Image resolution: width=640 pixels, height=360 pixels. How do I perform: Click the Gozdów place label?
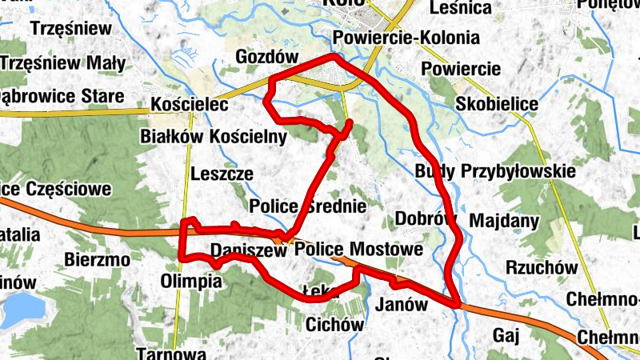click(x=267, y=57)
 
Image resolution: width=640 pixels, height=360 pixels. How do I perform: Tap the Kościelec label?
click(x=190, y=105)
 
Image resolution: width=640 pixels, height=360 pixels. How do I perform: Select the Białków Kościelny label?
click(x=213, y=137)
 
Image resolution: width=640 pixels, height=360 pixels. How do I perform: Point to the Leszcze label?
click(x=222, y=174)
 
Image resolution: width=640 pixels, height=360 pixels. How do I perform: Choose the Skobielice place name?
click(x=496, y=104)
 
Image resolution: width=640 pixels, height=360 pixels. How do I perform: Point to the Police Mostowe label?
click(x=358, y=250)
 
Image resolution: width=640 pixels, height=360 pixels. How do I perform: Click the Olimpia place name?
click(x=191, y=282)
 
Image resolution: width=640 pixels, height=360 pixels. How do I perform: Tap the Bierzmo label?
click(x=97, y=260)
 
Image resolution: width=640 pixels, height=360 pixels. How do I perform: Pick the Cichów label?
click(x=334, y=325)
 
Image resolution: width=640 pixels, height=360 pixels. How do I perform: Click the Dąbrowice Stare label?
click(x=60, y=97)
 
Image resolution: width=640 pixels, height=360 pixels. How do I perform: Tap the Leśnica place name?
click(x=460, y=8)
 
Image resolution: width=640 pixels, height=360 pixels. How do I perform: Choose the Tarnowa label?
click(x=173, y=353)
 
